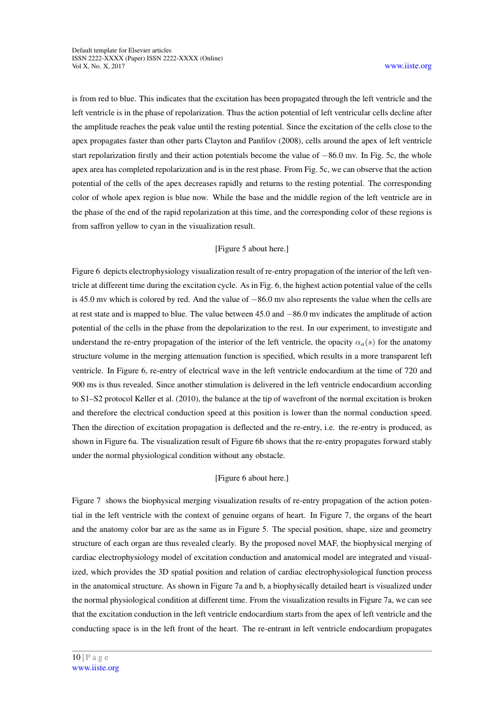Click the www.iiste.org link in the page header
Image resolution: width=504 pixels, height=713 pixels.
tap(408, 66)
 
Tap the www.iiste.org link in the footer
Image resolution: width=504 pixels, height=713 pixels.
tap(95, 668)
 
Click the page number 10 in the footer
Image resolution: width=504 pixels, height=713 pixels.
tap(76, 657)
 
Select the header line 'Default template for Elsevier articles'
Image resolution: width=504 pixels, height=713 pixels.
tap(121, 50)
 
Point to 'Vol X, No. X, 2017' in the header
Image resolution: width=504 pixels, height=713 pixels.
tap(98, 66)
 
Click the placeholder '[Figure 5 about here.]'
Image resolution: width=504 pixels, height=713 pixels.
tap(251, 248)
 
